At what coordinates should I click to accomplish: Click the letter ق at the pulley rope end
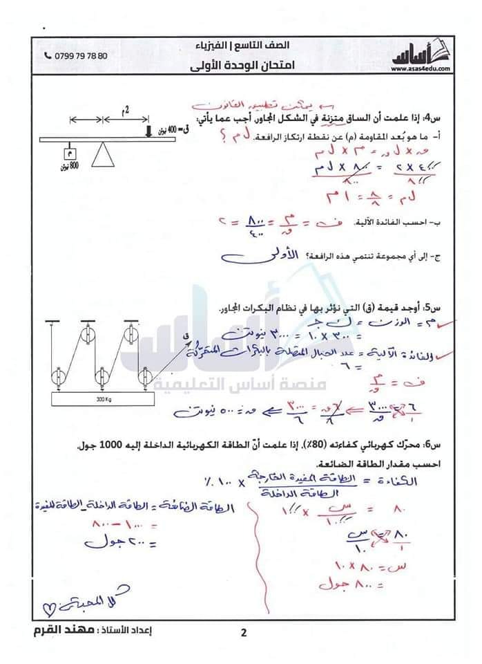coord(184,337)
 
